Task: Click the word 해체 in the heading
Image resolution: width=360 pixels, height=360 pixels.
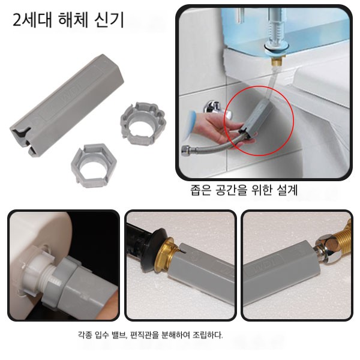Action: [73, 20]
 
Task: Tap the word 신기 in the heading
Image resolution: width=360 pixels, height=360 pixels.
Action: [109, 20]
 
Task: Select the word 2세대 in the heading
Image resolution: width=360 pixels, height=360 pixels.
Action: [32, 20]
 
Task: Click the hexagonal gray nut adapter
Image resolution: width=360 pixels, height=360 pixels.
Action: [94, 166]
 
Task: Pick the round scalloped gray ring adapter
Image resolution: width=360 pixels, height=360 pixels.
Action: [143, 124]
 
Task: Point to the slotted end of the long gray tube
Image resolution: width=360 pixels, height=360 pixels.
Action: [22, 140]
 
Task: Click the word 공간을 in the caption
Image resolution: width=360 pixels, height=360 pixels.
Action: [232, 190]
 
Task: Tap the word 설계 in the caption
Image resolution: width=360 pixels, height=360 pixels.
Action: [287, 190]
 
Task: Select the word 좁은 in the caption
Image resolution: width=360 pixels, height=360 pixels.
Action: [200, 190]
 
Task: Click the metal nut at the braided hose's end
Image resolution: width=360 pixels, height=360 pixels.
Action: [185, 151]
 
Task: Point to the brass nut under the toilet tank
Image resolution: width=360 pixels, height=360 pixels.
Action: [277, 62]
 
